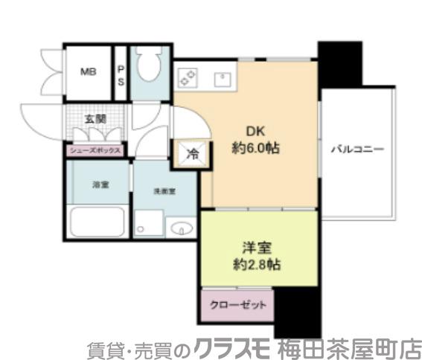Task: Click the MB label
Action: [x=88, y=73]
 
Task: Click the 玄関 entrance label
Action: [x=95, y=119]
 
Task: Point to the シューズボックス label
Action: [x=95, y=150]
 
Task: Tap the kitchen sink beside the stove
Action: [x=223, y=77]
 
